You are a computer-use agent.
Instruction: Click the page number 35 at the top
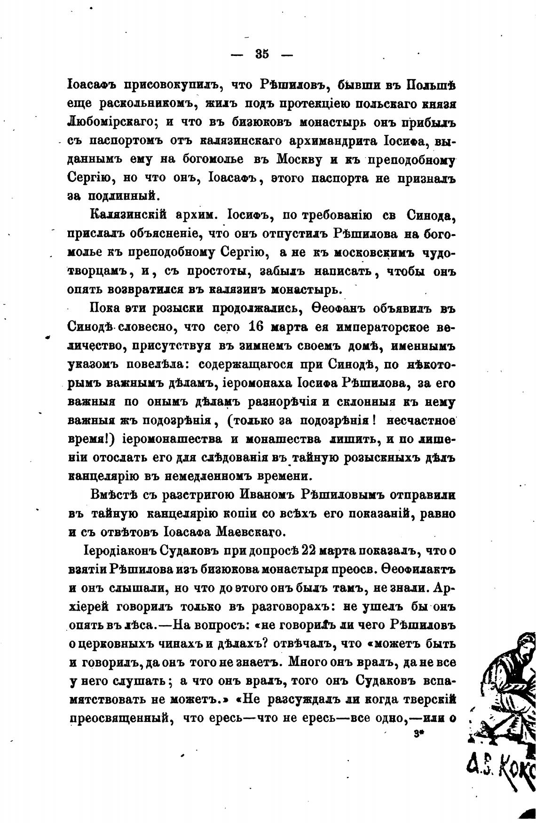(x=262, y=55)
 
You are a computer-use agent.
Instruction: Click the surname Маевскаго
(x=245, y=532)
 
